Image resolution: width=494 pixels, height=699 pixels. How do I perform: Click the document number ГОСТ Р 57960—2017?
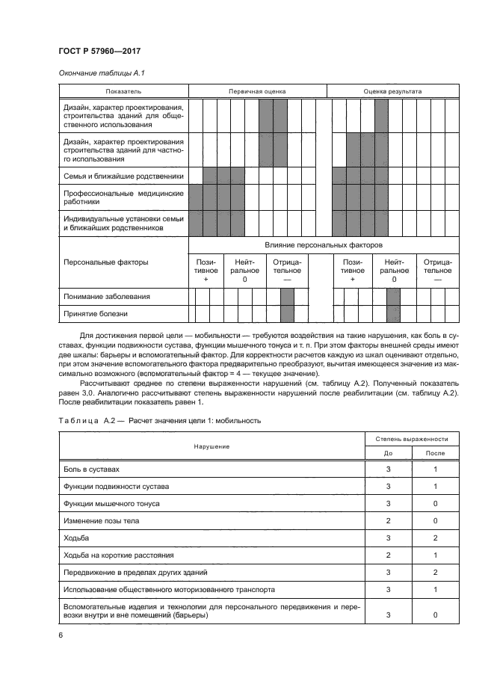(x=99, y=50)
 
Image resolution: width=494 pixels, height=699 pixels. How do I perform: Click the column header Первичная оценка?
(x=257, y=91)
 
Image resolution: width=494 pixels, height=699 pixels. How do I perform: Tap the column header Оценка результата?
(x=392, y=91)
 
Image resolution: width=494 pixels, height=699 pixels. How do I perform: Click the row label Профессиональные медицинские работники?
(x=123, y=197)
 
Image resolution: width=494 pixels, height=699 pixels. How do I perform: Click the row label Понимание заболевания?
(x=107, y=297)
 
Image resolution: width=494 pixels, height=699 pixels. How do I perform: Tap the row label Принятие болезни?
(x=96, y=315)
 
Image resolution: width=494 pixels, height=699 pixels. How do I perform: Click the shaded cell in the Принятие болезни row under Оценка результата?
(x=394, y=315)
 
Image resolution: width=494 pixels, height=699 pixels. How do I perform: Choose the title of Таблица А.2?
(x=159, y=421)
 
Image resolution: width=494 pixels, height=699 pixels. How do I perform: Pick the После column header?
(x=435, y=453)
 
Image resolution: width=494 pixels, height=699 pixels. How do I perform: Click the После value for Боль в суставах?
(x=435, y=469)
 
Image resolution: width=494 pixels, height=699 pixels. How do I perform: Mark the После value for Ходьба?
(x=435, y=538)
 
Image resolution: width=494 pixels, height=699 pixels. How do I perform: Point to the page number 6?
(x=60, y=635)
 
